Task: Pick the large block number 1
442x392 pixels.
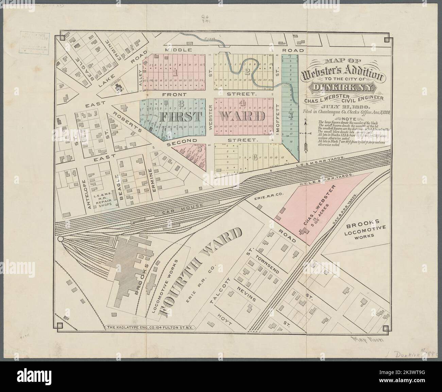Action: pyautogui.click(x=175, y=72)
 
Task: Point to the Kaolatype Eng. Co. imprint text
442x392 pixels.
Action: pyautogui.click(x=150, y=328)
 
